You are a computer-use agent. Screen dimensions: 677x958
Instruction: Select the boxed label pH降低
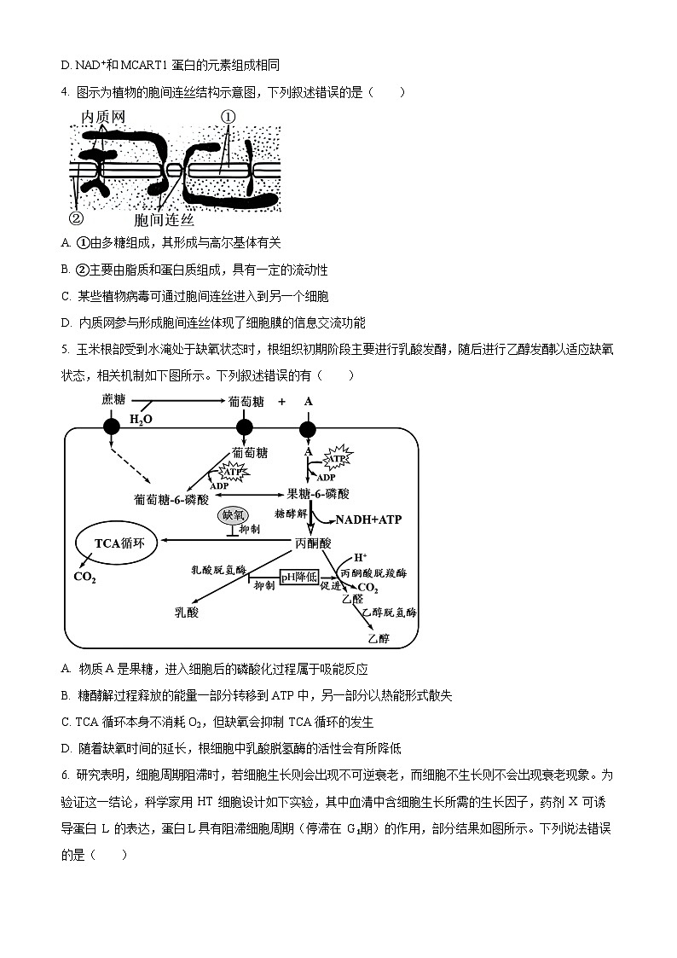pyautogui.click(x=299, y=577)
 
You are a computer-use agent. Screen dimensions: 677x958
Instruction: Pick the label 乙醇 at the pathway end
pyautogui.click(x=379, y=637)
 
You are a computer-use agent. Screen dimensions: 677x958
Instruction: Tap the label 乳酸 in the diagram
pyautogui.click(x=187, y=611)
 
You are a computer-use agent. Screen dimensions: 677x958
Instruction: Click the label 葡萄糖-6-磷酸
pyautogui.click(x=171, y=496)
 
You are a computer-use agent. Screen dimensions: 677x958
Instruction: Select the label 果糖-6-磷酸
pyautogui.click(x=318, y=494)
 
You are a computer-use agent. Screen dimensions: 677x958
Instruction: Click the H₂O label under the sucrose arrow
pyautogui.click(x=141, y=419)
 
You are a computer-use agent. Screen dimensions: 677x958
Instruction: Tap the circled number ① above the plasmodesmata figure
pyautogui.click(x=229, y=117)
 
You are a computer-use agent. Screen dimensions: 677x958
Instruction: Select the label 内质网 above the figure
pyautogui.click(x=103, y=116)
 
